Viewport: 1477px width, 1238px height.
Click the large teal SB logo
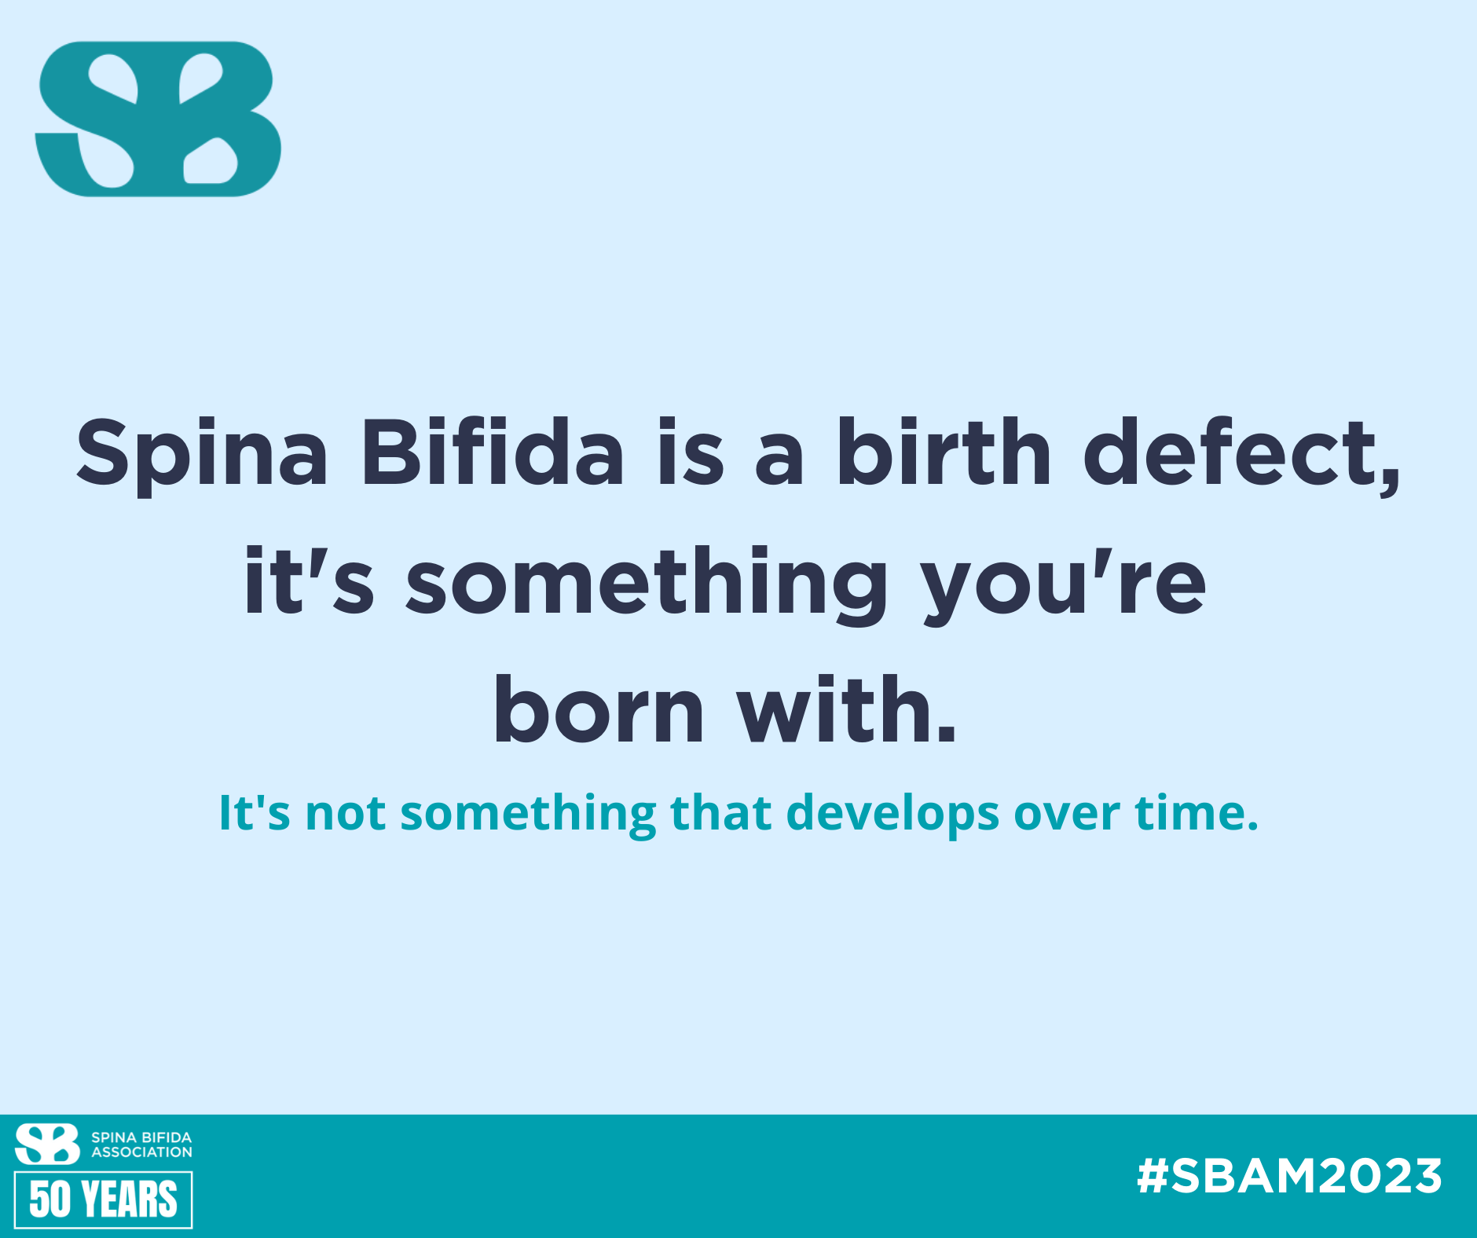[158, 119]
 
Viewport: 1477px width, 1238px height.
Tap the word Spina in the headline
[202, 456]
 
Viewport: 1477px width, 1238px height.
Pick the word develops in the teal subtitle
[892, 814]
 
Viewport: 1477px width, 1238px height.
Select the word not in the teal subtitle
[345, 814]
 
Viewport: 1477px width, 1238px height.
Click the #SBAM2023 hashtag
[1289, 1176]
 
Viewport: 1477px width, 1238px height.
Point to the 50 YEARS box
[103, 1200]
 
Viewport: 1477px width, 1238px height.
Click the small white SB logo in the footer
[47, 1144]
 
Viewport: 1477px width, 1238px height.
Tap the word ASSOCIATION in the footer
[141, 1152]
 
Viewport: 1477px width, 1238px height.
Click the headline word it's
[310, 581]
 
